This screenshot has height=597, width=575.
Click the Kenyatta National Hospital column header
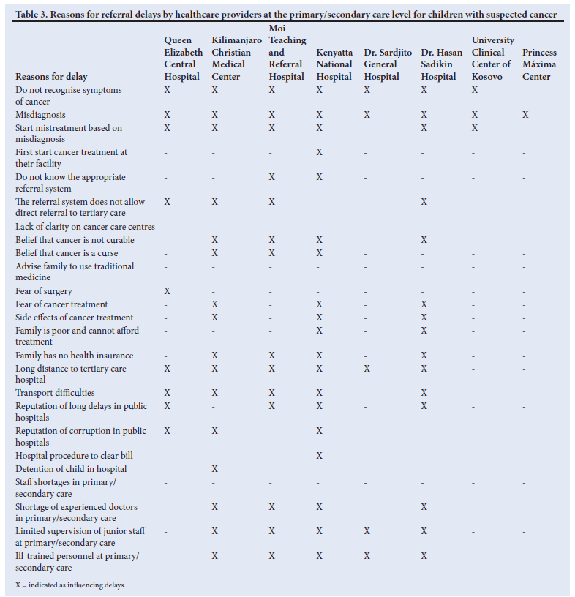click(334, 64)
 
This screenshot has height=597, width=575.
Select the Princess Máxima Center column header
click(539, 64)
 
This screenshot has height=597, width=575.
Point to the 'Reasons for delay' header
click(51, 77)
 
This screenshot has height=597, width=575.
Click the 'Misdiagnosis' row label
click(40, 115)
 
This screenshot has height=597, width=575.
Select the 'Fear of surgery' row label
click(44, 291)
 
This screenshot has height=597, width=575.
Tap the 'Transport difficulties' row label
click(55, 393)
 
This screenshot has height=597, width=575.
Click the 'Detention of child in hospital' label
click(71, 469)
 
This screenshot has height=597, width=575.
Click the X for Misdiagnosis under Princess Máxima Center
click(525, 115)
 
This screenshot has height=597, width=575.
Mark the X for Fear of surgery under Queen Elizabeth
click(168, 291)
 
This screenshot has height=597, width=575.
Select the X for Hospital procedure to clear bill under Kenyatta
click(319, 456)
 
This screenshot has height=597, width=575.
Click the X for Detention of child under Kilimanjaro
click(215, 469)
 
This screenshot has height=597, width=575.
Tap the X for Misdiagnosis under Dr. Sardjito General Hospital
click(367, 115)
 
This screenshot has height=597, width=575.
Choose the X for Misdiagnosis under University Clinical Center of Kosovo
click(475, 115)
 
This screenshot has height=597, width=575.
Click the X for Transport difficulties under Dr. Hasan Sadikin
click(424, 393)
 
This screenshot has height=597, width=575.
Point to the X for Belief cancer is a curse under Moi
click(272, 253)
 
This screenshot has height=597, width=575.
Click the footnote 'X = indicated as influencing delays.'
click(70, 585)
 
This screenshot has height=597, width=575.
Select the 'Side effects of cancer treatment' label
click(74, 318)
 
